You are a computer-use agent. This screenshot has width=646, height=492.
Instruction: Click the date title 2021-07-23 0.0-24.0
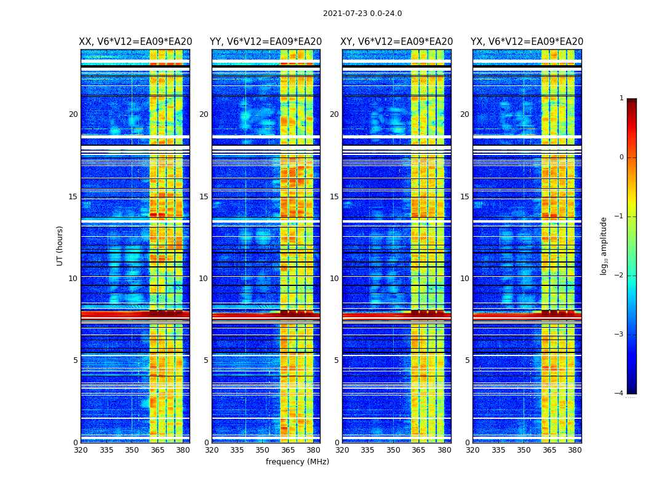tap(362, 14)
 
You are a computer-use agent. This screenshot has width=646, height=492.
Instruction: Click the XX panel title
tap(135, 42)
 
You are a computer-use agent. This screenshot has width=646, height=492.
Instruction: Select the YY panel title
tap(266, 42)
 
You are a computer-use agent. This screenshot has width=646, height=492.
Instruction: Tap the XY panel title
tap(397, 42)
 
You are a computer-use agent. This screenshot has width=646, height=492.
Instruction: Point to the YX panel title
tap(527, 42)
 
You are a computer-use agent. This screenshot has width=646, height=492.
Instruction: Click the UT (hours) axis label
tap(60, 245)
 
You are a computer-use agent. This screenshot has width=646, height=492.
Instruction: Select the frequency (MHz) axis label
tap(297, 462)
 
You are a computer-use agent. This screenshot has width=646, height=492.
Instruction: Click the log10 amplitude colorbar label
tap(604, 245)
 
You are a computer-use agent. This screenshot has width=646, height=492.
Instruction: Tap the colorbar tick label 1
tap(621, 98)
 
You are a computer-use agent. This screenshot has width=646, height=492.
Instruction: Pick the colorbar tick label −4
tap(620, 394)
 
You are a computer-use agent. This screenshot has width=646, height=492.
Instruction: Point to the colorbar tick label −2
tap(620, 276)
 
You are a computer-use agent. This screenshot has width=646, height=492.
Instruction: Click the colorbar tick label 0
tap(621, 157)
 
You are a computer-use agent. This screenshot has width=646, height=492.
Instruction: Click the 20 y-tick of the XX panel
tap(73, 114)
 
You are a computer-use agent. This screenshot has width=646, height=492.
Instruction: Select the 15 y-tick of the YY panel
tap(204, 197)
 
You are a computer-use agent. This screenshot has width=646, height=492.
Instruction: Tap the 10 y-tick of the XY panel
tap(334, 279)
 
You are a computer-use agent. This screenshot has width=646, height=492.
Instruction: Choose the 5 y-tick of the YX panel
tap(467, 360)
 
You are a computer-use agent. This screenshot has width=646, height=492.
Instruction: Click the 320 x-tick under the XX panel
tap(81, 450)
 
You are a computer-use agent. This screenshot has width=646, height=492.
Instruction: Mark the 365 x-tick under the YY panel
tap(288, 450)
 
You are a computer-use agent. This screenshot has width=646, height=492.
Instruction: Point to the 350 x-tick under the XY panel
tap(393, 450)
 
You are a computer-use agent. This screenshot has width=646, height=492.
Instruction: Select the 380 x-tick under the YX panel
tap(575, 450)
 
